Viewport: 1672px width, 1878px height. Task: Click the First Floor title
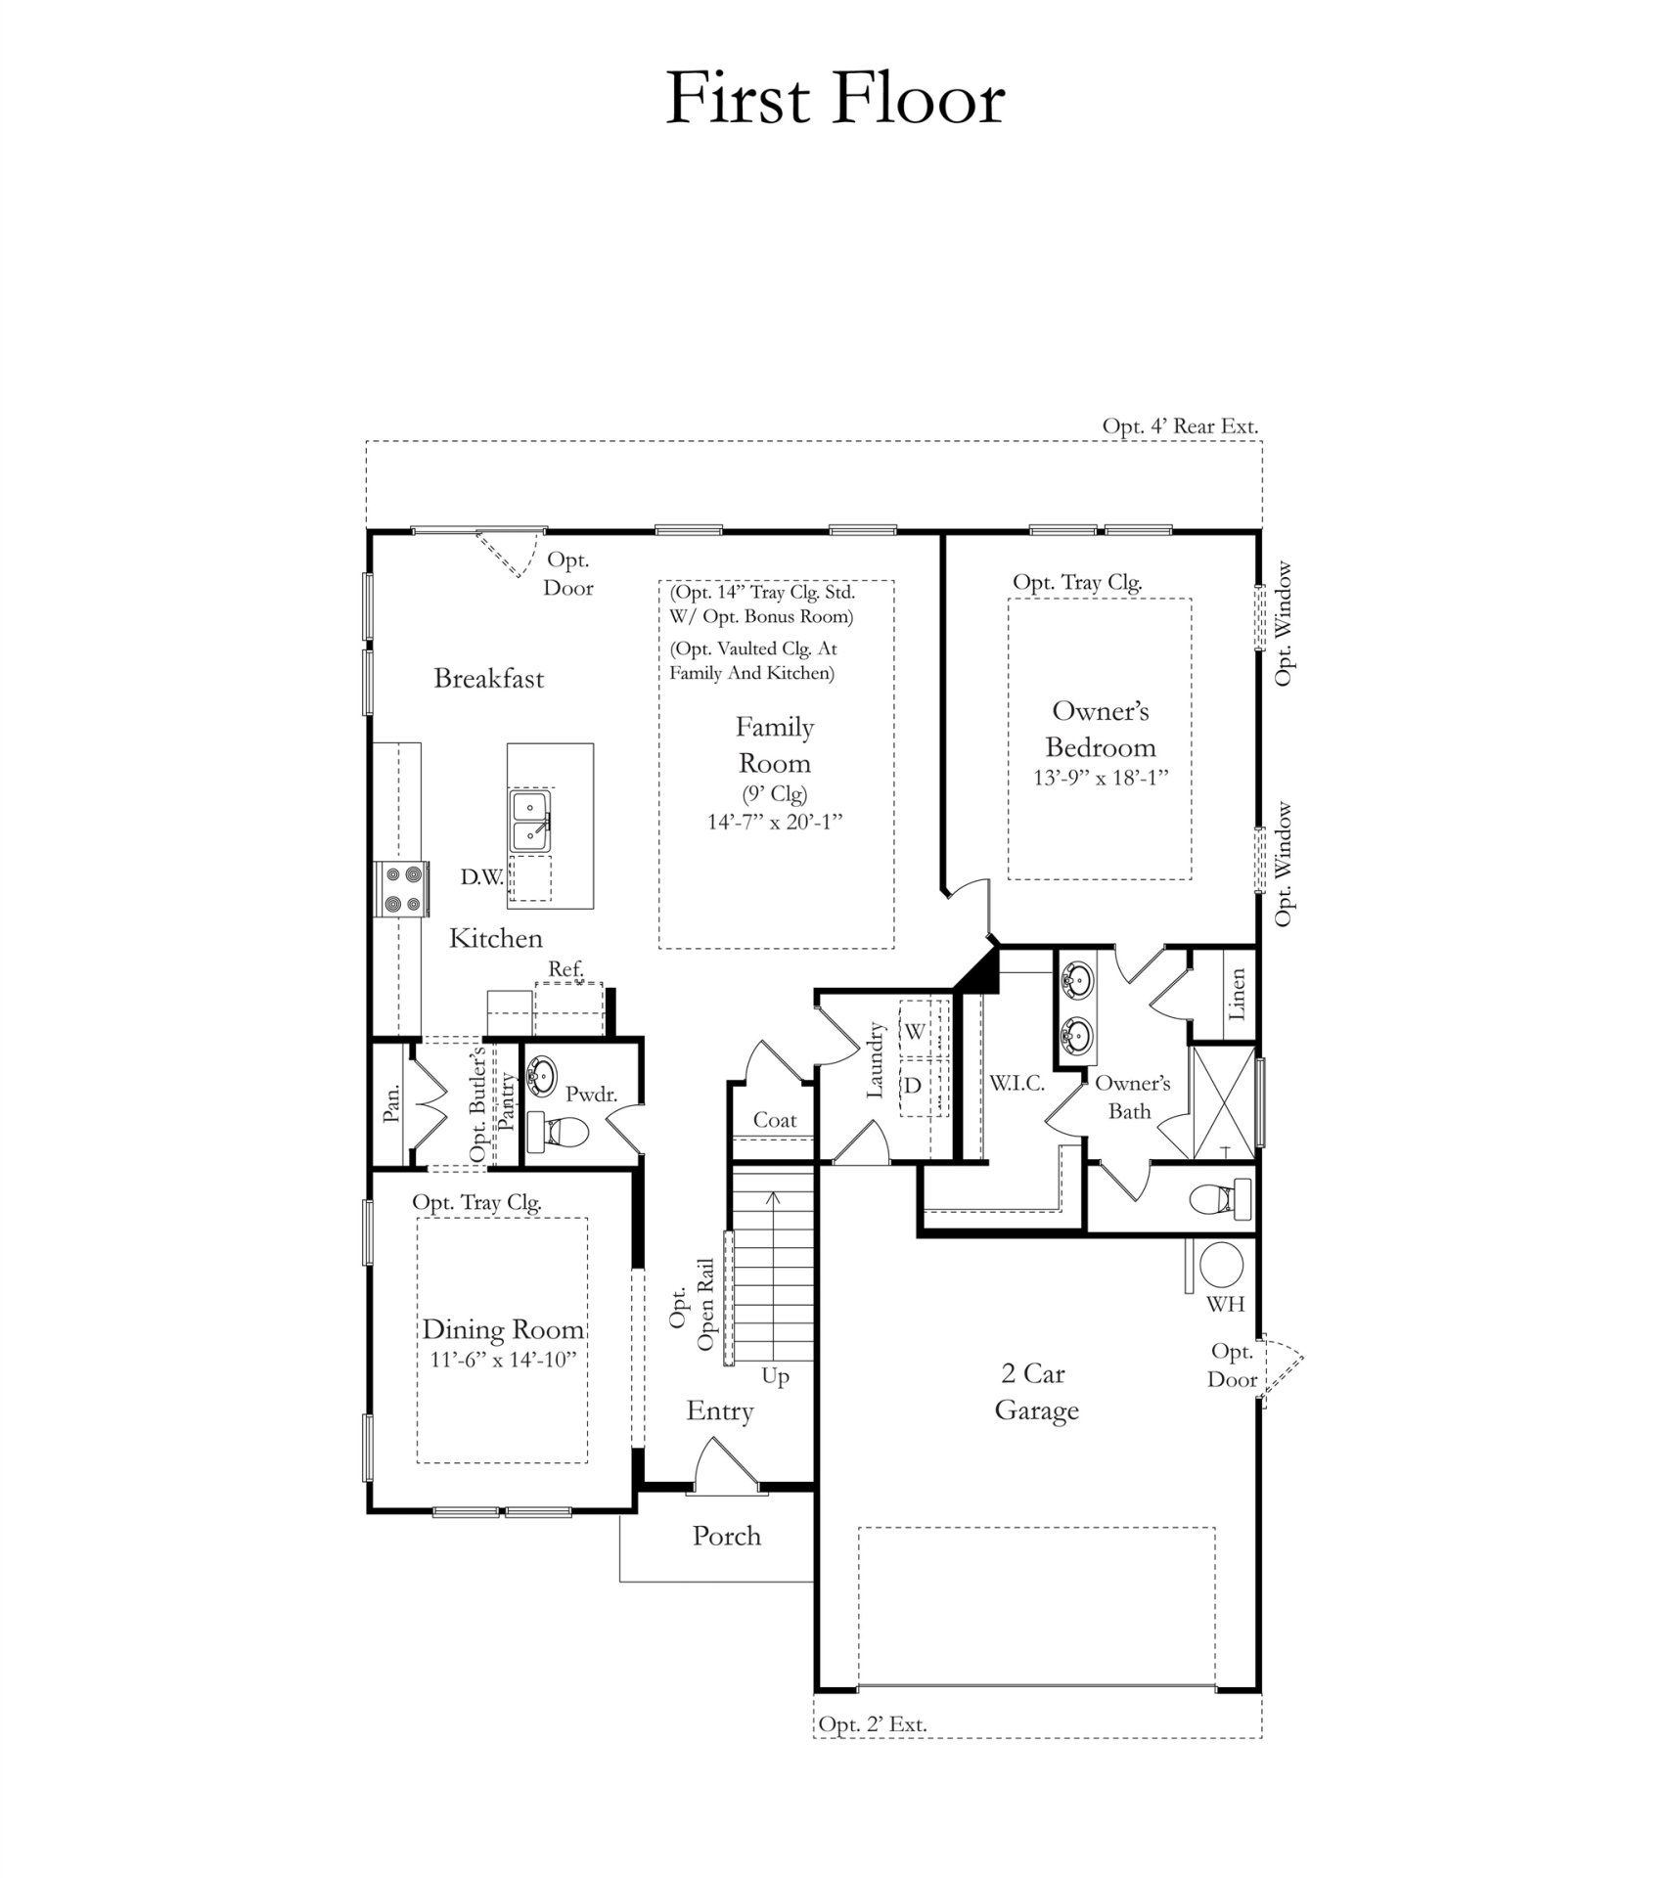[835, 99]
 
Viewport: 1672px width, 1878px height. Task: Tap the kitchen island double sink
[530, 821]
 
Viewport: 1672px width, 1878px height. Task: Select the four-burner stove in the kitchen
[403, 888]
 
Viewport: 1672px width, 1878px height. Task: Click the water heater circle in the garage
[1221, 1267]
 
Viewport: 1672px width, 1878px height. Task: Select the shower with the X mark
[1220, 1103]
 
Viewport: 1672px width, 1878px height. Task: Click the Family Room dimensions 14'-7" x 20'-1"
[775, 823]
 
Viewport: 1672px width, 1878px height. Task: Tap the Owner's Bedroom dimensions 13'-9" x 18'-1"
[1101, 778]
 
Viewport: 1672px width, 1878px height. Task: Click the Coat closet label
[774, 1121]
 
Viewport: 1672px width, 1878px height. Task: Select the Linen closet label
[1238, 994]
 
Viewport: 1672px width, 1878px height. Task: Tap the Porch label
[726, 1536]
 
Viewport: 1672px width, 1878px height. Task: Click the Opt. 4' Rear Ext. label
[1180, 426]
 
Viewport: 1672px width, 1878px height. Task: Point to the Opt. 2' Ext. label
[872, 1724]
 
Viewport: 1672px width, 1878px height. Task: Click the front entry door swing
[722, 1465]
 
